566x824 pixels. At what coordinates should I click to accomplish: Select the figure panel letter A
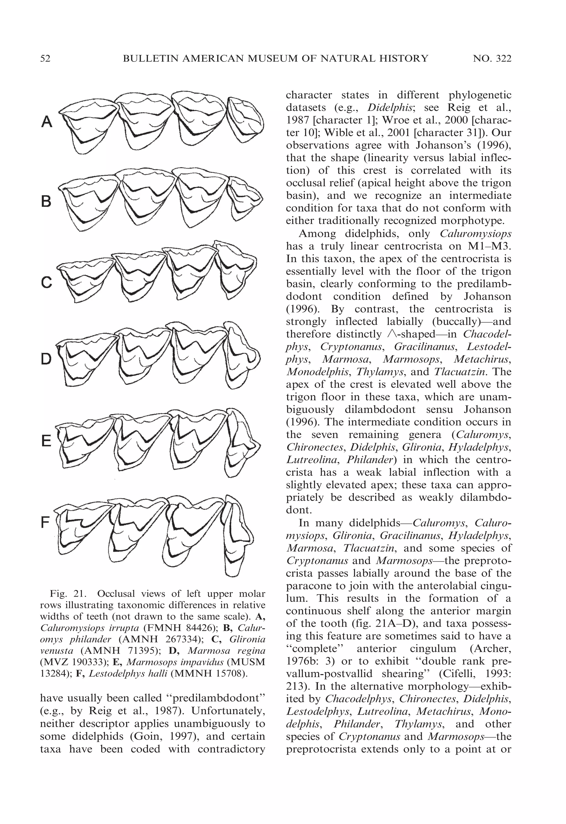[47, 123]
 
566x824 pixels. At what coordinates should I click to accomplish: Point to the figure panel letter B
[46, 202]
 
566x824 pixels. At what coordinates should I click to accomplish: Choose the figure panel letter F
[45, 522]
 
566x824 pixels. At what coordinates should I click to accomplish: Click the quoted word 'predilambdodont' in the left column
[216, 698]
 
